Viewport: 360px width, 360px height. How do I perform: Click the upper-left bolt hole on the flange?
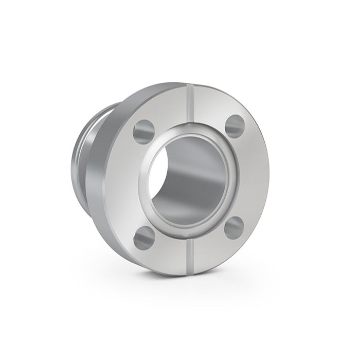click(x=143, y=131)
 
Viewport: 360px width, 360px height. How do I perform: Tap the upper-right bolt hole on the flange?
click(x=236, y=126)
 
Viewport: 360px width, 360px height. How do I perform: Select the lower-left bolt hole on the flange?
click(x=144, y=237)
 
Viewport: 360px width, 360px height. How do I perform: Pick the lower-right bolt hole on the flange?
click(x=234, y=227)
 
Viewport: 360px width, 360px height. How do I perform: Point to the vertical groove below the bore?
click(x=191, y=255)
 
